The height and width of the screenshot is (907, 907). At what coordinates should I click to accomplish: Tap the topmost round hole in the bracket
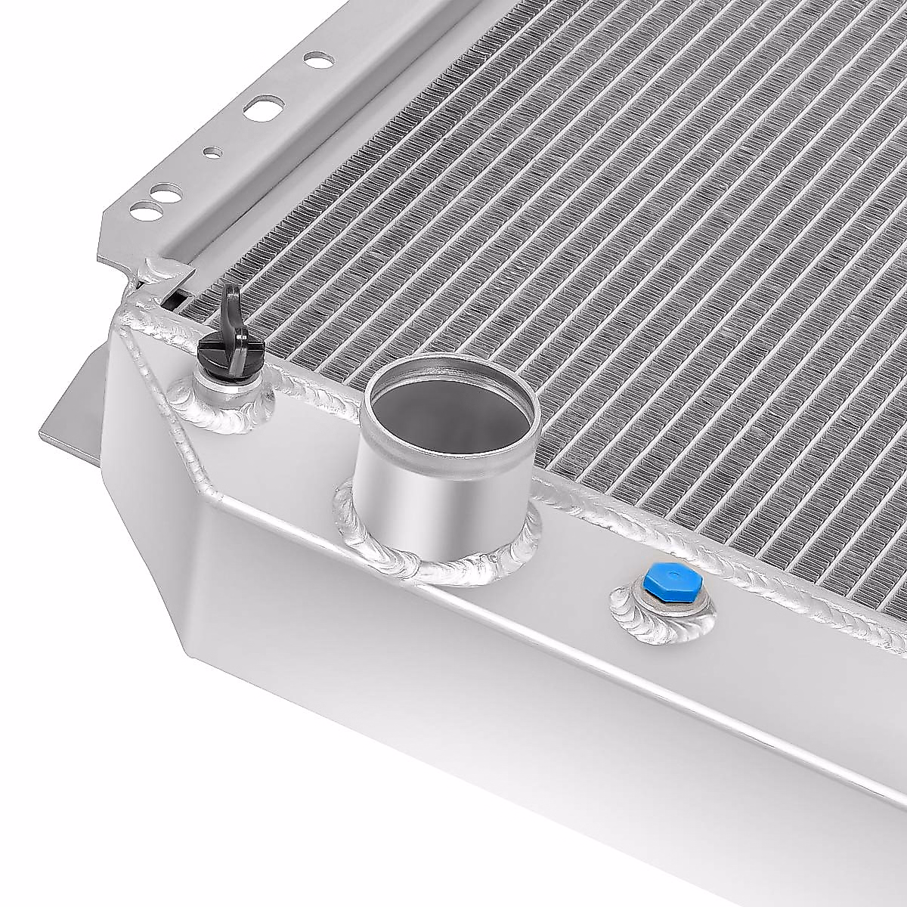(316, 57)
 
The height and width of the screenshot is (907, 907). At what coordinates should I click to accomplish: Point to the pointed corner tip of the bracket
(105, 252)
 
